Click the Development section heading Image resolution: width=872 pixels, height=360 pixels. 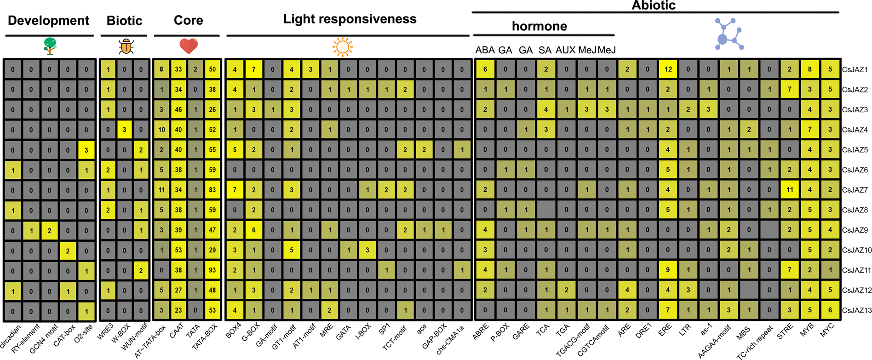click(48, 21)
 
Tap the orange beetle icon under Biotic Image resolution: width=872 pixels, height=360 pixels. click(126, 46)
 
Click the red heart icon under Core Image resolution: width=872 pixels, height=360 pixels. click(189, 46)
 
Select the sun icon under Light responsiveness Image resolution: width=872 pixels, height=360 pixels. click(343, 47)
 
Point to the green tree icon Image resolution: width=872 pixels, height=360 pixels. click(50, 46)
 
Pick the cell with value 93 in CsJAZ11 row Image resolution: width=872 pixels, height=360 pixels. click(212, 270)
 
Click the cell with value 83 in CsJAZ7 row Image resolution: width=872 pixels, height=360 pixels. click(212, 190)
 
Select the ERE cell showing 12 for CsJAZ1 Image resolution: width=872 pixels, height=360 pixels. click(668, 69)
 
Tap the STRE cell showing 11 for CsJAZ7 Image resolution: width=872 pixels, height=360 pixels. click(790, 190)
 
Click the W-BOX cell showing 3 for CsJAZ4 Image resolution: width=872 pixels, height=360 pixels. click(124, 130)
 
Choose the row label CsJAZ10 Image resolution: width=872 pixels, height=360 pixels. click(856, 251)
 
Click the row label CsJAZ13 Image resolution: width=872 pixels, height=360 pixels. click(856, 311)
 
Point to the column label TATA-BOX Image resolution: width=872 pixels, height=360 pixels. click(205, 338)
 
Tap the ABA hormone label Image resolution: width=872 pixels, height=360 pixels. click(485, 50)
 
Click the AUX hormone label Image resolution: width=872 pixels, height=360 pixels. click(565, 50)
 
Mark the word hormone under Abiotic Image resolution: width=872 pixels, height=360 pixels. click(539, 26)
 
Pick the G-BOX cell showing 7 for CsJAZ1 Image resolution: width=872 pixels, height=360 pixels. click(254, 69)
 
